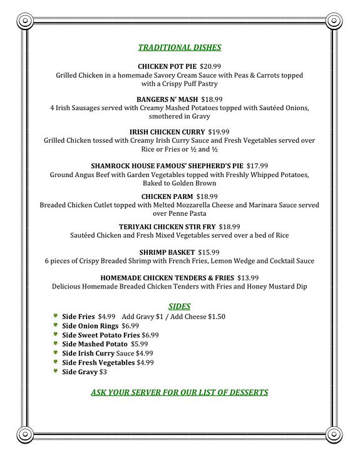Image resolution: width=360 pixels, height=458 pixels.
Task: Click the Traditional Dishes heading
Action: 180,47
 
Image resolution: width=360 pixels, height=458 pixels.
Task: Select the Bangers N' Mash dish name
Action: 167,99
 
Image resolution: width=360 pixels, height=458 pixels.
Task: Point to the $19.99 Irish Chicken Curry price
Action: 219,132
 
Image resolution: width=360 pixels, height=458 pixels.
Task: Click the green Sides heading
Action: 180,306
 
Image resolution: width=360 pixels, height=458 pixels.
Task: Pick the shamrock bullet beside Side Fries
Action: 56,316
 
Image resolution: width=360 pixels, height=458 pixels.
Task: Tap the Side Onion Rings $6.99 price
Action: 130,325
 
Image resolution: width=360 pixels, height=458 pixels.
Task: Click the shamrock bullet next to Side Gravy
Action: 56,371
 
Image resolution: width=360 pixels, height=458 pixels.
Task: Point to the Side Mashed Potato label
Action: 95,343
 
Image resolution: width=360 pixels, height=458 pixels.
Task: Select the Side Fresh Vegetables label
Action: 98,362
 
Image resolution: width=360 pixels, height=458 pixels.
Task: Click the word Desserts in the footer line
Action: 244,392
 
